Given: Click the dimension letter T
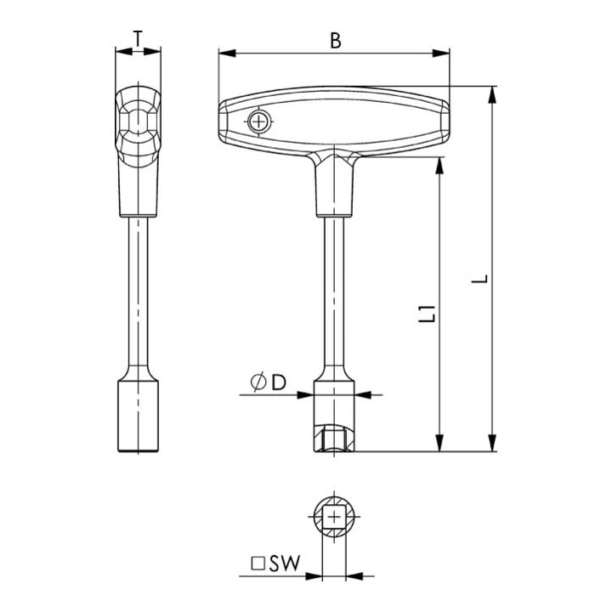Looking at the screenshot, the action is (x=138, y=38).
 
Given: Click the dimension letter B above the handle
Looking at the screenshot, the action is (x=335, y=41).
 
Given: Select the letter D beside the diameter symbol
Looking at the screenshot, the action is (x=279, y=382).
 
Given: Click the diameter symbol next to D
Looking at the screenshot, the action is (x=258, y=382).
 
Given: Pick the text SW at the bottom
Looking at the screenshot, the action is (x=285, y=564).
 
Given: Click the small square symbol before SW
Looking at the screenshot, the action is (x=258, y=564).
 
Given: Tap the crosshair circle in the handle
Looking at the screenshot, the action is (x=258, y=122).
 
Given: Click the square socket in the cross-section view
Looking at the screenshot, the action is (x=334, y=517).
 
